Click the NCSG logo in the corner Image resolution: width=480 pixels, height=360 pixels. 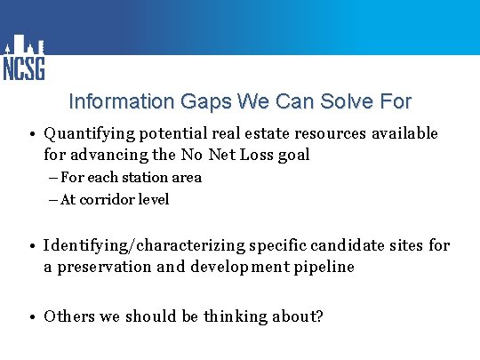point(24,58)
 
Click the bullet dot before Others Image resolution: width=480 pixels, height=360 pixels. point(30,317)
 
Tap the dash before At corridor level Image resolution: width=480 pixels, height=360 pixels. point(53,200)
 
